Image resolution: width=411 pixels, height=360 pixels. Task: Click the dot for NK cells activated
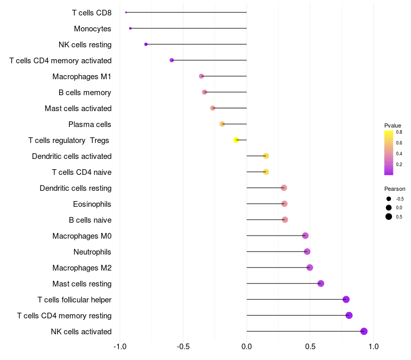click(364, 331)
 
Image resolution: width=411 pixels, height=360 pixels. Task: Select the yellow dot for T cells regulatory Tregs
click(236, 140)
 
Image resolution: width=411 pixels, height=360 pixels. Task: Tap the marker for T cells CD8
click(126, 12)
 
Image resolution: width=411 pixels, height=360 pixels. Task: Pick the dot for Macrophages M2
click(310, 267)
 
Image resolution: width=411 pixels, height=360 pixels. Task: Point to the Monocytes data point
click(130, 28)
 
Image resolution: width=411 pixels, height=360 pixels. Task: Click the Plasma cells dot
click(222, 124)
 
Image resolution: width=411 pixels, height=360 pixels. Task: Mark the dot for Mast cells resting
click(321, 283)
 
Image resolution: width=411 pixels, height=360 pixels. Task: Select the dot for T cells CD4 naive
click(266, 172)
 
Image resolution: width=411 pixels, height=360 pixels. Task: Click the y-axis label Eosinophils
click(92, 204)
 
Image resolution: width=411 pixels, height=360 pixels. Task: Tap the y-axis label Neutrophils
click(92, 252)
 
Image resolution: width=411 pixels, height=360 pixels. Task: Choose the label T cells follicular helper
click(74, 300)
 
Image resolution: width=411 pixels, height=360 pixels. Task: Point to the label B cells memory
click(85, 93)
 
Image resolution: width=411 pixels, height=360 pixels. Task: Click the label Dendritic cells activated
click(71, 156)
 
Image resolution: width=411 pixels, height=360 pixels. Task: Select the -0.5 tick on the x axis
click(183, 347)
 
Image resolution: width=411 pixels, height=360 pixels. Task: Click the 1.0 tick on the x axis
click(373, 347)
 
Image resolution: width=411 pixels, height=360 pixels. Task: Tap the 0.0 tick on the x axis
click(247, 347)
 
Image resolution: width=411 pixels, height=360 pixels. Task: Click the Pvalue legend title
click(393, 125)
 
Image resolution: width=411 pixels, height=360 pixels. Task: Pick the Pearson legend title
click(395, 189)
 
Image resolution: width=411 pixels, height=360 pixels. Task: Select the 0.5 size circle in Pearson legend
click(389, 217)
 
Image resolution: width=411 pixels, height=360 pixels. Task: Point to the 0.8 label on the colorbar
click(399, 132)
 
